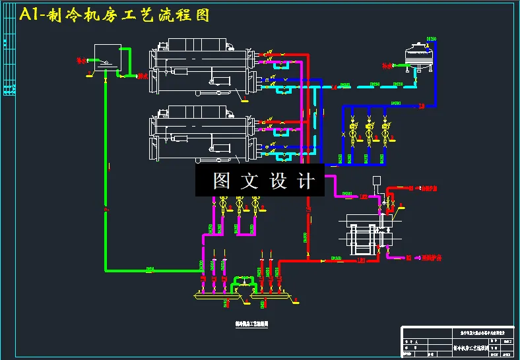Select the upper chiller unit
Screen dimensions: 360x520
tap(202, 69)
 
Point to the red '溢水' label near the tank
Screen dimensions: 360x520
tap(143, 76)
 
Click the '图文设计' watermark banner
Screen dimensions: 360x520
tap(260, 179)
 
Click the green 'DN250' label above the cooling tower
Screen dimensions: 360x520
tap(432, 38)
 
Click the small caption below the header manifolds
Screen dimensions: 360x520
tap(250, 323)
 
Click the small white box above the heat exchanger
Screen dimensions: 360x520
tap(376, 181)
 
